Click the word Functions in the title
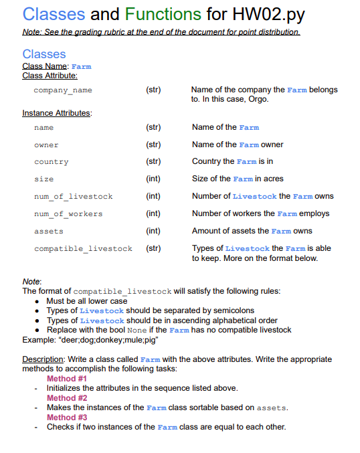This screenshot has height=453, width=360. tap(161, 13)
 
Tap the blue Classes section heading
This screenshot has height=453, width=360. tap(44, 54)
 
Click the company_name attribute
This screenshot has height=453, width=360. tap(63, 90)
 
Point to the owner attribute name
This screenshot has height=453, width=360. tap(46, 145)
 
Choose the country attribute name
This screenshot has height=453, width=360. tap(51, 162)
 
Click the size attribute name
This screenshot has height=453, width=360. tap(43, 179)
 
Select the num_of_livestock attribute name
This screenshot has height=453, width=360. tap(73, 197)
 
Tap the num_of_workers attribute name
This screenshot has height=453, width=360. tap(68, 214)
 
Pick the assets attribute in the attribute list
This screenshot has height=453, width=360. tap(49, 232)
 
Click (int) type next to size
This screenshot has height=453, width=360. tap(153, 179)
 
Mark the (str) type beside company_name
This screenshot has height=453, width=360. tap(153, 90)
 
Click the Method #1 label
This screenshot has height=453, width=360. tap(66, 379)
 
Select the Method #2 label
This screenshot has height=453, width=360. tap(66, 398)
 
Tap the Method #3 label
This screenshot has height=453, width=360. tap(66, 418)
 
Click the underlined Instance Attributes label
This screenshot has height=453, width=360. tap(57, 113)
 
